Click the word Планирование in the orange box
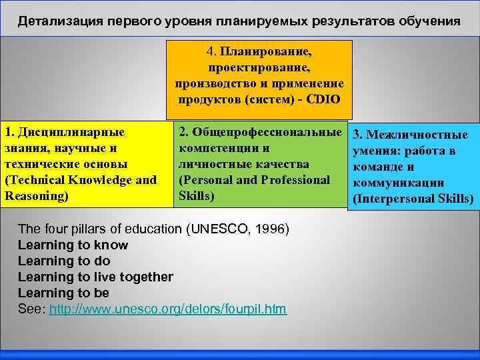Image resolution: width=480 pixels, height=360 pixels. (x=270, y=51)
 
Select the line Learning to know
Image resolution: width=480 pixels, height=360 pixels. (x=73, y=245)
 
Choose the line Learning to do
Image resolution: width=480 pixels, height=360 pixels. (x=64, y=261)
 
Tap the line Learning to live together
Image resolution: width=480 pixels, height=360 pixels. (x=95, y=277)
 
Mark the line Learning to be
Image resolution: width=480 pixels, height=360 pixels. (x=63, y=293)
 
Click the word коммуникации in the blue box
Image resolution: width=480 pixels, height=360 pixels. (x=399, y=183)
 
